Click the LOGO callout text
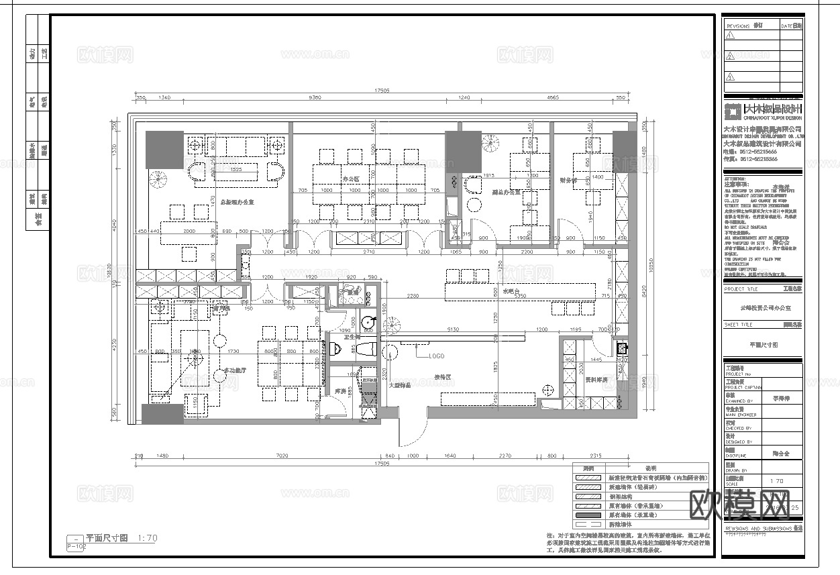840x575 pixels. pos(436,356)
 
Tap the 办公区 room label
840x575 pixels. pos(351,179)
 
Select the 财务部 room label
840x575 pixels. pos(568,180)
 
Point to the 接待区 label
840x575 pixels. pos(442,378)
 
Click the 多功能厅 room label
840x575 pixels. pos(235,370)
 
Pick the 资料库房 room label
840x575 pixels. pos(596,380)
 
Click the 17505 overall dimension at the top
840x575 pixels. pos(382,90)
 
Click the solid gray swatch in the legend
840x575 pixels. pos(589,515)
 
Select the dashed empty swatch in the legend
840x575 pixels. pos(589,525)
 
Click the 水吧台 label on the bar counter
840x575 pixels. pos(511,291)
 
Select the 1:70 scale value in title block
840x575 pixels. pos(776,481)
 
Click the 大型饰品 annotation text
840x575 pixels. pos(400,385)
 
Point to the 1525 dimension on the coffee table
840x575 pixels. pos(235,170)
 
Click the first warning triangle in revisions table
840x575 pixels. pos(731,35)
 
